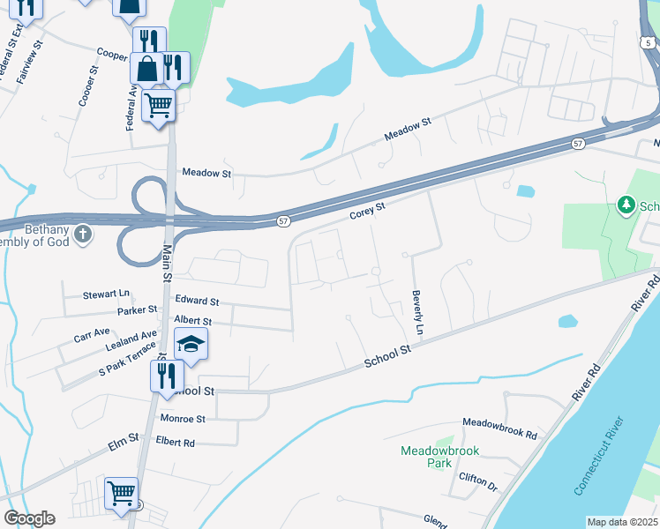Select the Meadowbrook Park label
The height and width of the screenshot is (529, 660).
(439, 456)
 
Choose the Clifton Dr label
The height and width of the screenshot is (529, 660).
(478, 481)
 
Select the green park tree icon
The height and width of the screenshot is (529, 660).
(626, 205)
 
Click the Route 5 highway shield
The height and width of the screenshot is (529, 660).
(649, 41)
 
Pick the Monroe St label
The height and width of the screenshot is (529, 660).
(183, 419)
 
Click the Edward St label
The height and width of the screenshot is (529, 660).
(197, 302)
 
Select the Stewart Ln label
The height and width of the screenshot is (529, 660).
(106, 294)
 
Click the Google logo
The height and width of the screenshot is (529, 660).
(29, 518)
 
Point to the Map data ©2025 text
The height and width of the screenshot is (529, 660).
(621, 522)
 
